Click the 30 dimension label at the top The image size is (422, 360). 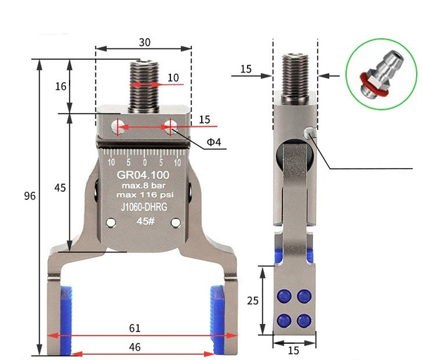point(144,42)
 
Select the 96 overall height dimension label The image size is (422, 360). point(30,196)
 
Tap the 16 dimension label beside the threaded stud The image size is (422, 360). point(60,86)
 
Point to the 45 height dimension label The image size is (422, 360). point(60,188)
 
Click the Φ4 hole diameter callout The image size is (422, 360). point(214,142)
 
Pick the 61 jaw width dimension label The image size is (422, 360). point(135,328)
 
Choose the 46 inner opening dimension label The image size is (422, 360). point(135,347)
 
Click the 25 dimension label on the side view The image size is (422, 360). point(252,300)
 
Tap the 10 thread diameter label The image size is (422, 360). point(173,78)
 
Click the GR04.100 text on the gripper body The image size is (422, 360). point(143,175)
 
